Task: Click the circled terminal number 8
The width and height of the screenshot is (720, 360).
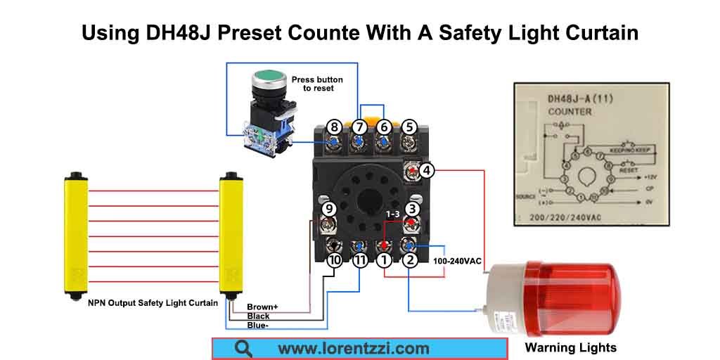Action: pyautogui.click(x=334, y=127)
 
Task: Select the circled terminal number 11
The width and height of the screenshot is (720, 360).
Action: pyautogui.click(x=359, y=261)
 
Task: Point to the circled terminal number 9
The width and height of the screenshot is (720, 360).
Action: pyautogui.click(x=328, y=209)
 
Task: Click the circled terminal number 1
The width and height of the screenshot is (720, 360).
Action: pyautogui.click(x=384, y=261)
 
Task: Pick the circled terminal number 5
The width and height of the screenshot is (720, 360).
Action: pyautogui.click(x=410, y=127)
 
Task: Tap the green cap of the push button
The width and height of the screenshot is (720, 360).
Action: pyautogui.click(x=268, y=75)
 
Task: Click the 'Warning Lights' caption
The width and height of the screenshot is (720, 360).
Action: pyautogui.click(x=570, y=347)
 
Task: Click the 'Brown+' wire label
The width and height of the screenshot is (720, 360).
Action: pyautogui.click(x=262, y=307)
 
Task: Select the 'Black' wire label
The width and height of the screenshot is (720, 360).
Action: pyautogui.click(x=258, y=316)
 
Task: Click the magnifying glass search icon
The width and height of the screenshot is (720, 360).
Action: pyautogui.click(x=243, y=348)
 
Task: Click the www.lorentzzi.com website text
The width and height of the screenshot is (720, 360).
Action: pyautogui.click(x=353, y=348)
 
